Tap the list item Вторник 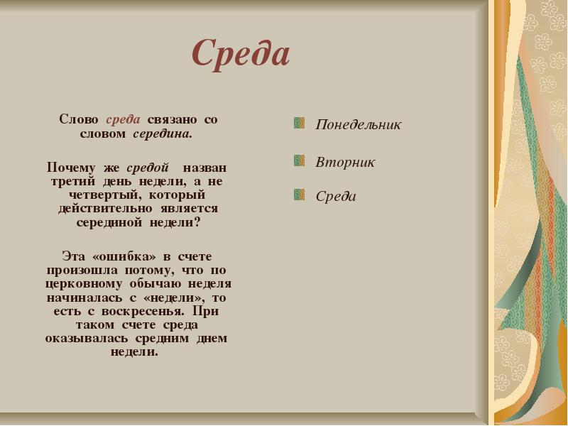tap(345, 162)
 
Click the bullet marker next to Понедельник tap(300, 124)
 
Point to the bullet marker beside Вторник tap(300, 160)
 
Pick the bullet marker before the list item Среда tap(300, 195)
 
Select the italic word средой tap(148, 168)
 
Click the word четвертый tap(97, 195)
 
